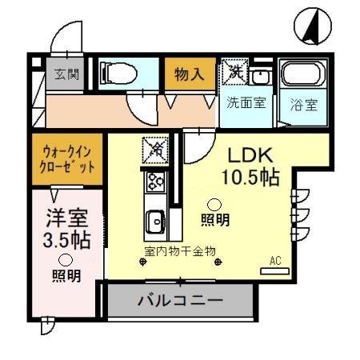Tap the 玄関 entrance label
click(66, 74)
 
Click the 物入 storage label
click(190, 75)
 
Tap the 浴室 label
click(305, 103)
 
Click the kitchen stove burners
click(154, 182)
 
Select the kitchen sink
click(154, 218)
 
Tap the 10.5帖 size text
click(250, 178)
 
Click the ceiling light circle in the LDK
click(214, 202)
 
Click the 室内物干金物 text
click(180, 251)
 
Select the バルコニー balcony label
click(180, 303)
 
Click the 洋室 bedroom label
click(63, 218)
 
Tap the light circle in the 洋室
click(64, 259)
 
